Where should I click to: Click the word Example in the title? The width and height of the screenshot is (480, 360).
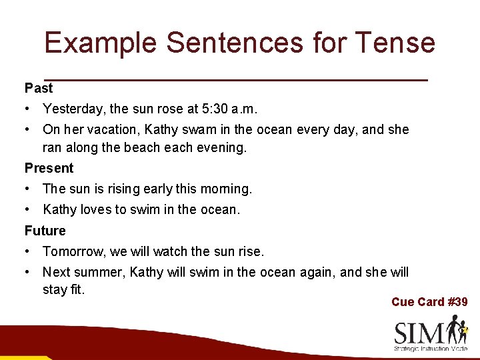click(100, 43)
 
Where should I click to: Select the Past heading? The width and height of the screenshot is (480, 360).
click(39, 88)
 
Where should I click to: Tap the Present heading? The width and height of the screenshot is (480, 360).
click(49, 168)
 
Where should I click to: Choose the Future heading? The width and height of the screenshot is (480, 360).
click(45, 231)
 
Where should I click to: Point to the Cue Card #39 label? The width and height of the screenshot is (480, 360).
click(429, 302)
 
